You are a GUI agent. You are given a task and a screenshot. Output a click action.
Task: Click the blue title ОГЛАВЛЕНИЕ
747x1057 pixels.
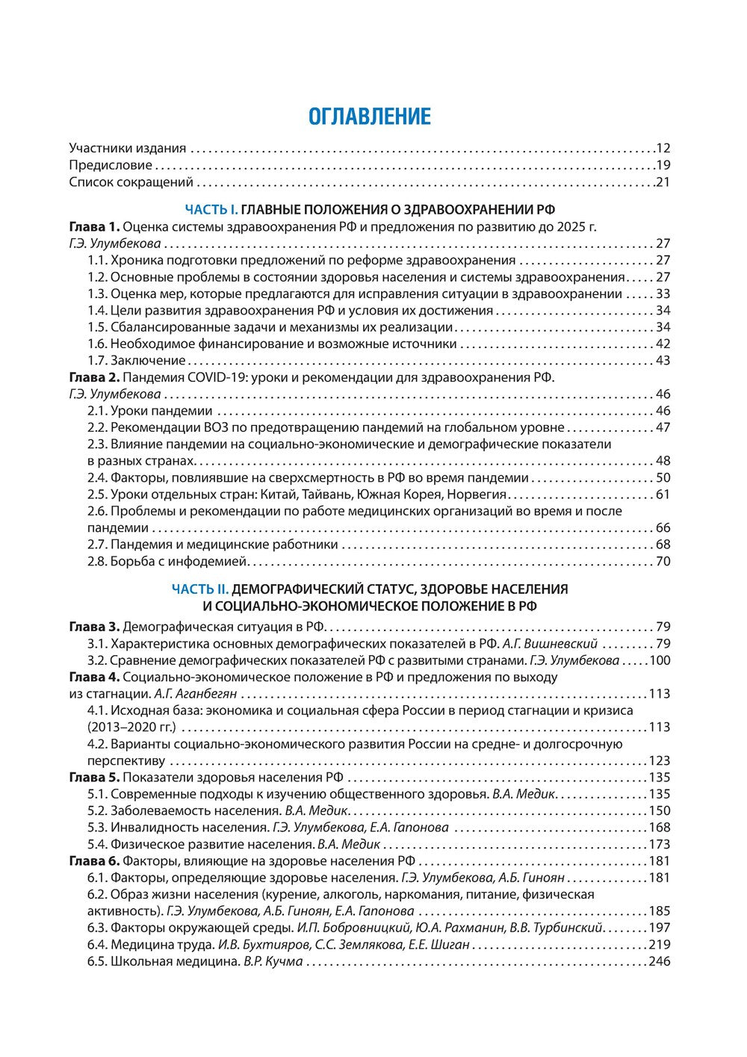(370, 117)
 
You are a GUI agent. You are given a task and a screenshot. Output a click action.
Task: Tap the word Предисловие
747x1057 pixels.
(111, 165)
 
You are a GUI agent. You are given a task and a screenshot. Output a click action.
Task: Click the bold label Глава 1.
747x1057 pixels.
(93, 226)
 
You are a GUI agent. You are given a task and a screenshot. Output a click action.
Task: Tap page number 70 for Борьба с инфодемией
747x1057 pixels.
(663, 561)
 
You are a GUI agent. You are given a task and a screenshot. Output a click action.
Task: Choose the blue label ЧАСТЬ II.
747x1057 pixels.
(200, 589)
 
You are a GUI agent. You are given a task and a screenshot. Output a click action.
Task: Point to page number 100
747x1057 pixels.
(660, 660)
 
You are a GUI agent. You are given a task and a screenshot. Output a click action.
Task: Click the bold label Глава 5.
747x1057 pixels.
(93, 778)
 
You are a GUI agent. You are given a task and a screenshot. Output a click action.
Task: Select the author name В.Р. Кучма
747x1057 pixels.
(273, 961)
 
